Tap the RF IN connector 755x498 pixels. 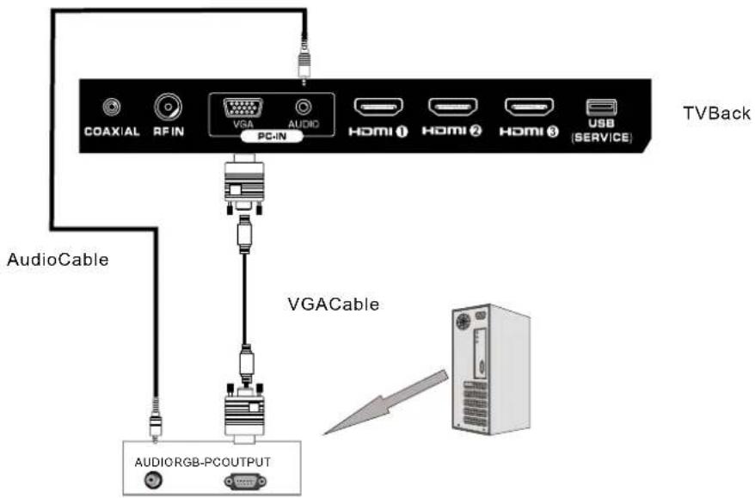click(168, 107)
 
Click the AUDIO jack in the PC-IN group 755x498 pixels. click(302, 108)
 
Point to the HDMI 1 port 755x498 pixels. click(379, 108)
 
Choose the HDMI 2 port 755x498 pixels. click(454, 108)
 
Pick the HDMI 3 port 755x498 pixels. click(528, 108)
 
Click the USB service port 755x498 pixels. click(601, 108)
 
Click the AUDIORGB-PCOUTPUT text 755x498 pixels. click(203, 462)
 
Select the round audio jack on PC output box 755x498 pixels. click(155, 482)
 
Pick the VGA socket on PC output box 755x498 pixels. click(245, 482)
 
